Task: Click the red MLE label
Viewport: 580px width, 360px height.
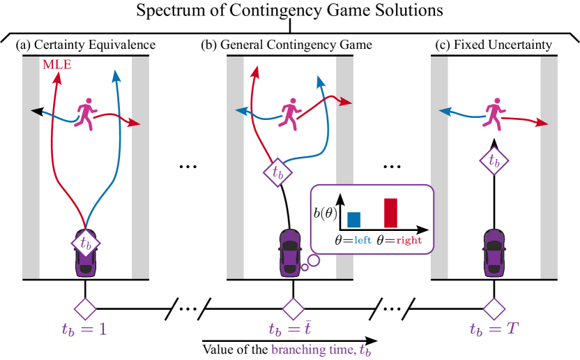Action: (57, 65)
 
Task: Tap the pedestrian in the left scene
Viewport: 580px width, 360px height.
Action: (86, 114)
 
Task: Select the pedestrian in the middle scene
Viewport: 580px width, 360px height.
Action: (289, 114)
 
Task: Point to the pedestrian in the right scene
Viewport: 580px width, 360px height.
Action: (494, 114)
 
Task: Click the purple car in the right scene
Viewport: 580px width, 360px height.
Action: (494, 253)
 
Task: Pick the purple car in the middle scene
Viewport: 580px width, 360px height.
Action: (290, 253)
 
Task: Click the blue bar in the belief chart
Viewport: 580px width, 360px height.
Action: (353, 219)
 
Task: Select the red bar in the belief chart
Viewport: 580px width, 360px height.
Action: (390, 213)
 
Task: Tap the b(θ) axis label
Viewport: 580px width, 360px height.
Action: (324, 213)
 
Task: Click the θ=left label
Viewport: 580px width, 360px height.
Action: (353, 240)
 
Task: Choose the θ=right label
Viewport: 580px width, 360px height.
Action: (399, 240)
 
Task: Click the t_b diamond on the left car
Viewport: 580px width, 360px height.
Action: (86, 243)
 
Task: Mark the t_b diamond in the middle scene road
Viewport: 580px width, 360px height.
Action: (277, 172)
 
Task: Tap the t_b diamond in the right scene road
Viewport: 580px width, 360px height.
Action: (494, 160)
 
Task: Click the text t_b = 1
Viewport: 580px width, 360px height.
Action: (84, 329)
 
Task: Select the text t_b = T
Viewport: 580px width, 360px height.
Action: (494, 329)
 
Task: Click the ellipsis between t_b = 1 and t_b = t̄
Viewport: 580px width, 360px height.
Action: (188, 308)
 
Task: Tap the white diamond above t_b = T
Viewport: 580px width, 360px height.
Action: (494, 308)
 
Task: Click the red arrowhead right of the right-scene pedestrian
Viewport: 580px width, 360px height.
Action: (543, 123)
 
